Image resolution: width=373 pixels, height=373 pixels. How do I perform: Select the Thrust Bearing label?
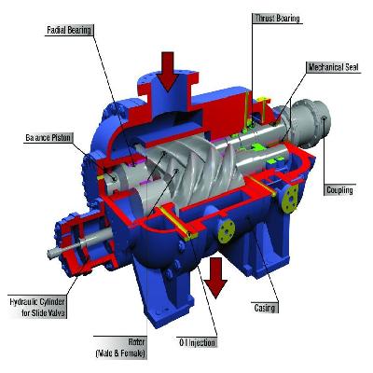point(278,18)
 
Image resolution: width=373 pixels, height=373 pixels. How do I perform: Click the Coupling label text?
point(338,190)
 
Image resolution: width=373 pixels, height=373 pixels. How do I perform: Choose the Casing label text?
point(267,307)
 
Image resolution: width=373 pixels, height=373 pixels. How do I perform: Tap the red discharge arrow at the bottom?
point(216,276)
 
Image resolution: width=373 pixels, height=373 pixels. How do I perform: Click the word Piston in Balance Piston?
point(65,138)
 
